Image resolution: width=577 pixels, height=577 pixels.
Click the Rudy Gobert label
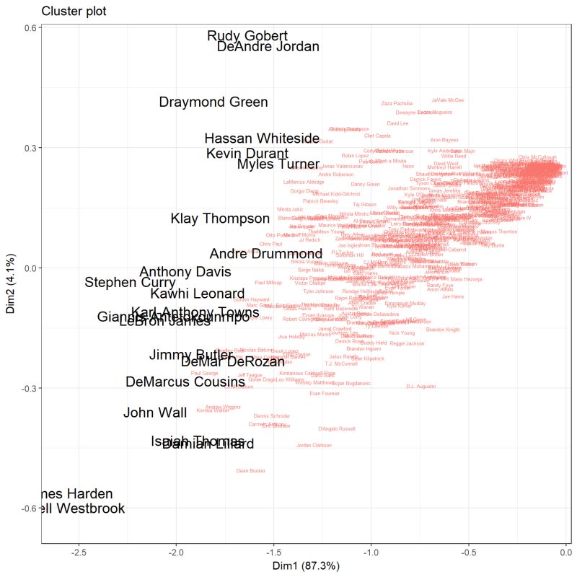247,36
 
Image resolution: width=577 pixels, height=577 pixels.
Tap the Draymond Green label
213,102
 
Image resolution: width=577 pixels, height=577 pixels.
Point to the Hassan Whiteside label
262,138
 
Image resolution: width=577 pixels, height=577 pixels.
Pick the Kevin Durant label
247,154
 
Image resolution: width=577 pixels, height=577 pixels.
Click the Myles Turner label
278,165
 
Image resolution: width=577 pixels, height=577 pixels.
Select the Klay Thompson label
220,219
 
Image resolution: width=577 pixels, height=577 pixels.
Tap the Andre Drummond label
266,254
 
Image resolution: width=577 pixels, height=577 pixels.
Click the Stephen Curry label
130,283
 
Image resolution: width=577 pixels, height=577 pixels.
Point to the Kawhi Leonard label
198,294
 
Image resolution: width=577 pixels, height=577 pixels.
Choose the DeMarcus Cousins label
185,382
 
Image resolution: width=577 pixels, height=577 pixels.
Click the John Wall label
155,413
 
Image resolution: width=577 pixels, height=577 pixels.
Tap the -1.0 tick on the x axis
371,551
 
